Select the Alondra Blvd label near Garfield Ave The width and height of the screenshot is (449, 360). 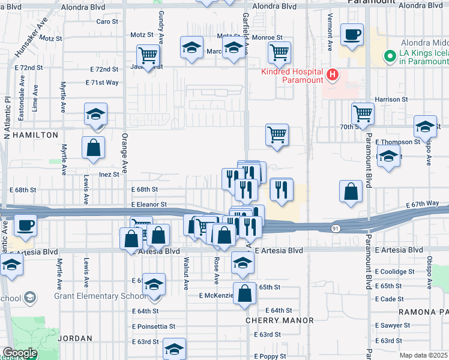[x=275, y=6]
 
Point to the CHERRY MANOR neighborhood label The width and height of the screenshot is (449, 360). [x=280, y=321]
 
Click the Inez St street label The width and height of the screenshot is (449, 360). [x=110, y=174]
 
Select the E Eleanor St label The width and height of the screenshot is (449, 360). [x=149, y=205]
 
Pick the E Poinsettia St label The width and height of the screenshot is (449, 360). [x=154, y=327]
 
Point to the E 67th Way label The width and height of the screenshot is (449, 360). [x=427, y=205]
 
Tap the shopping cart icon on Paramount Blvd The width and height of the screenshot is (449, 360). [x=363, y=112]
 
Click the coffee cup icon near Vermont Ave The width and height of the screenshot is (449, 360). [x=352, y=34]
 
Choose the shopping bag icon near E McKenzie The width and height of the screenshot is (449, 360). [x=244, y=294]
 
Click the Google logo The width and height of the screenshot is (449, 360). [x=19, y=353]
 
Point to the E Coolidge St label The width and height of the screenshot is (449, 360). [x=395, y=272]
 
